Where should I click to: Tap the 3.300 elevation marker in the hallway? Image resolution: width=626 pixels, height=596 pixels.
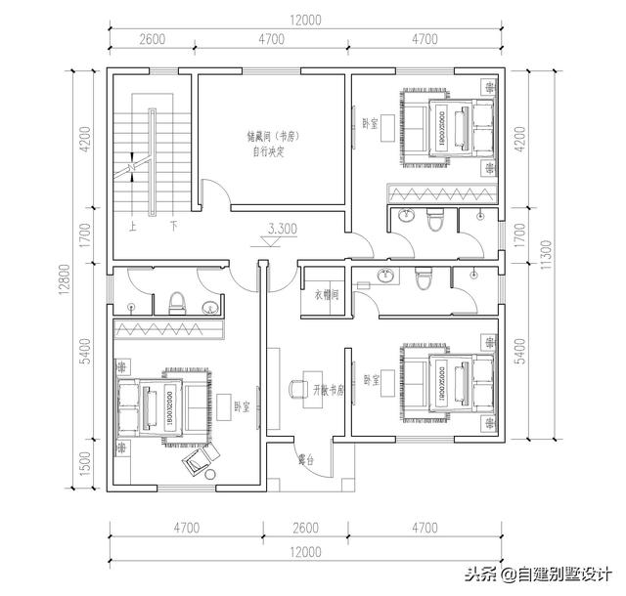click(x=282, y=231)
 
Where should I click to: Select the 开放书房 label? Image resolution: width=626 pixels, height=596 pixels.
click(x=330, y=389)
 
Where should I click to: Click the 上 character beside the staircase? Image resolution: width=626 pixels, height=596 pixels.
click(x=132, y=226)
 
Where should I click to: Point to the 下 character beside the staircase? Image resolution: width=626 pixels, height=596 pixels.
click(x=173, y=226)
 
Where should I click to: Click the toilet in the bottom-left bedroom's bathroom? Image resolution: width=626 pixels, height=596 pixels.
click(x=177, y=302)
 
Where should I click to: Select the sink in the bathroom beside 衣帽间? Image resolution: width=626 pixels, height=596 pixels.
click(x=386, y=277)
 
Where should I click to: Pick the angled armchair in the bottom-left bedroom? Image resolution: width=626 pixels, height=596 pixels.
click(x=197, y=457)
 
